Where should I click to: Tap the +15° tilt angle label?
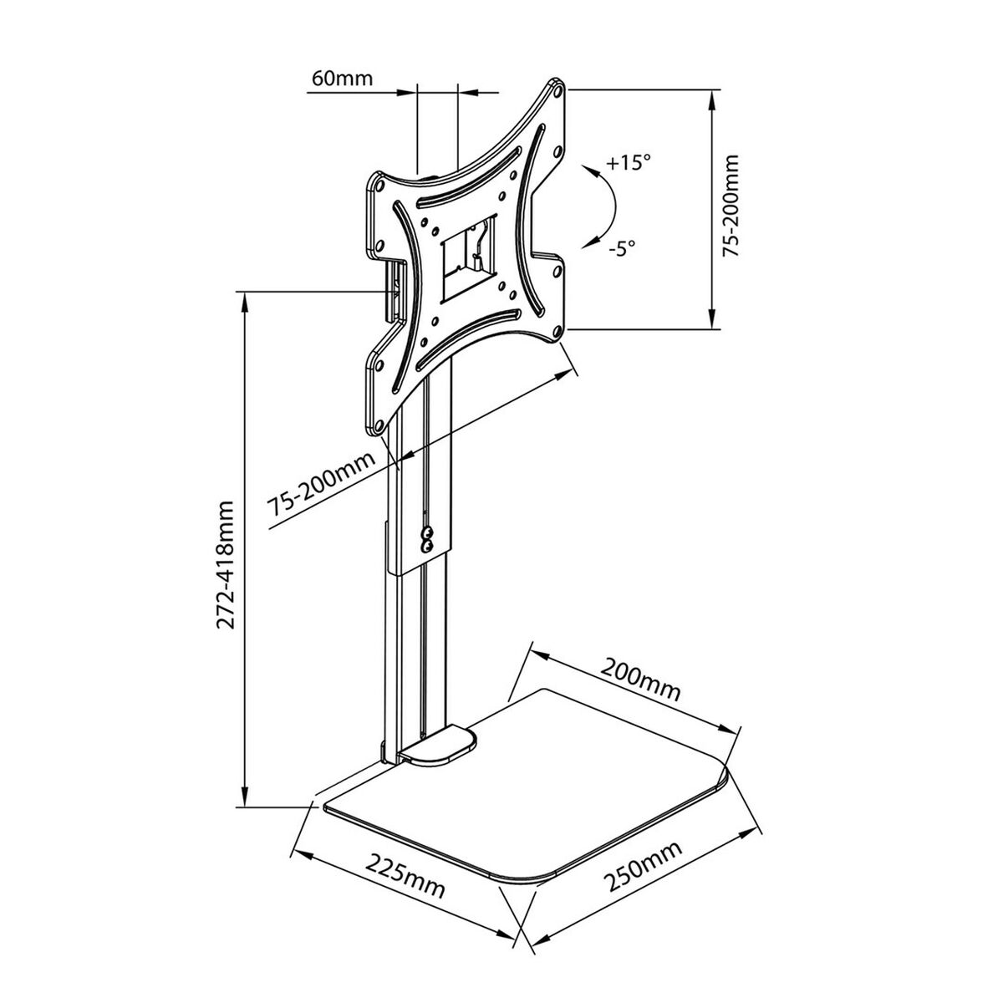coord(628,162)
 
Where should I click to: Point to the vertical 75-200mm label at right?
coord(733,206)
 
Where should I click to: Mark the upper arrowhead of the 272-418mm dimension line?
coord(244,301)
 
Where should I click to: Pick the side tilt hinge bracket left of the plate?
coord(393,289)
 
